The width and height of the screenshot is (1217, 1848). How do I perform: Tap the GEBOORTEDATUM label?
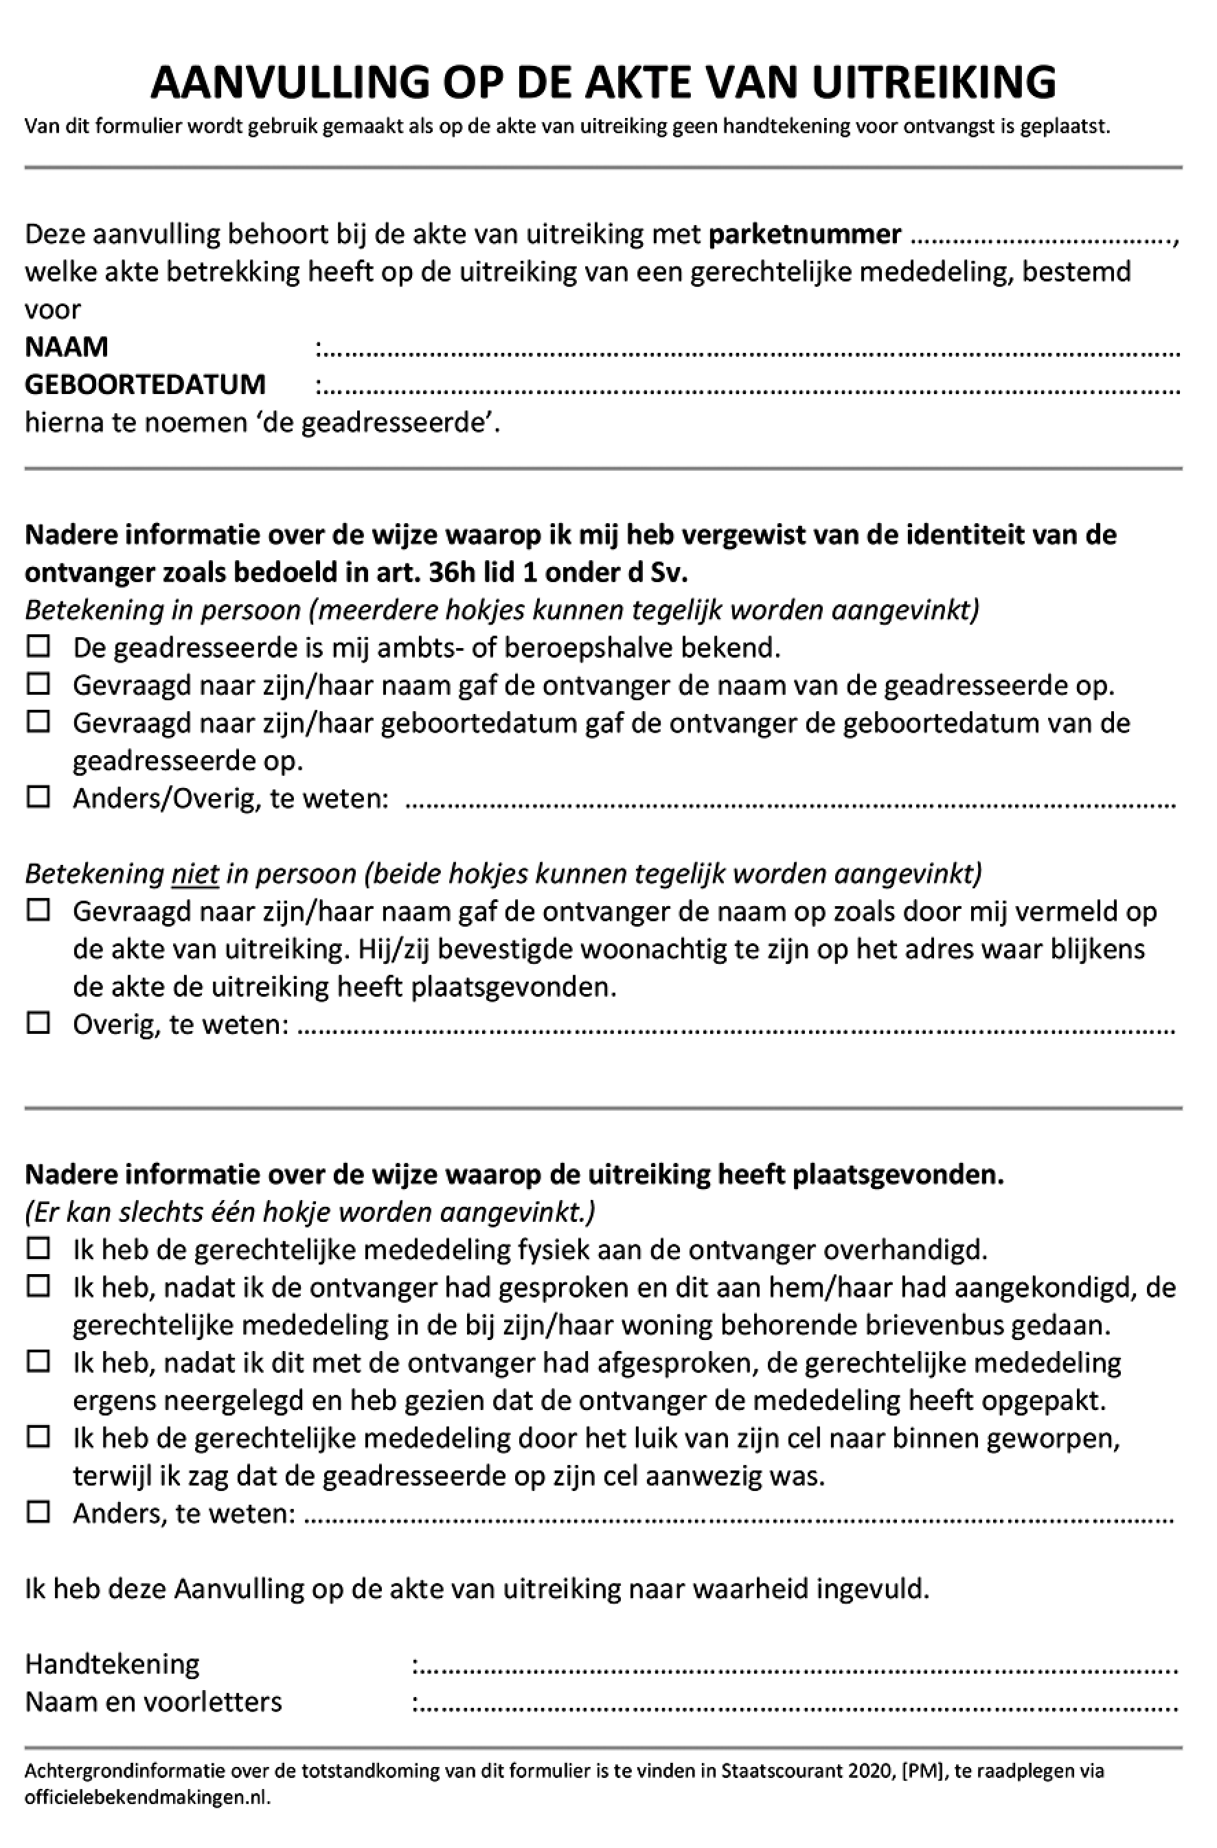pyautogui.click(x=145, y=384)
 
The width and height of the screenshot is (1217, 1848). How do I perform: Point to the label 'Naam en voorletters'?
pyautogui.click(x=154, y=1702)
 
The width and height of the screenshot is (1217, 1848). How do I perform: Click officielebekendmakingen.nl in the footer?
pyautogui.click(x=147, y=1797)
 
